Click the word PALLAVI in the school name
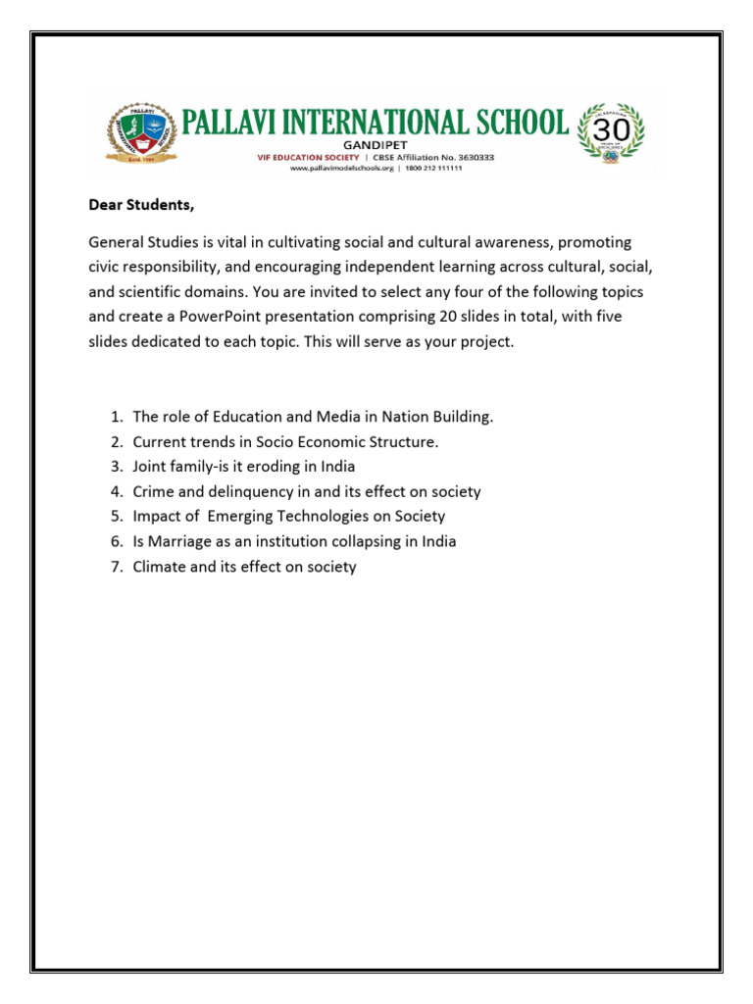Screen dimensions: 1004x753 [233, 123]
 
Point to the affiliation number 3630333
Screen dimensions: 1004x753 [468, 156]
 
